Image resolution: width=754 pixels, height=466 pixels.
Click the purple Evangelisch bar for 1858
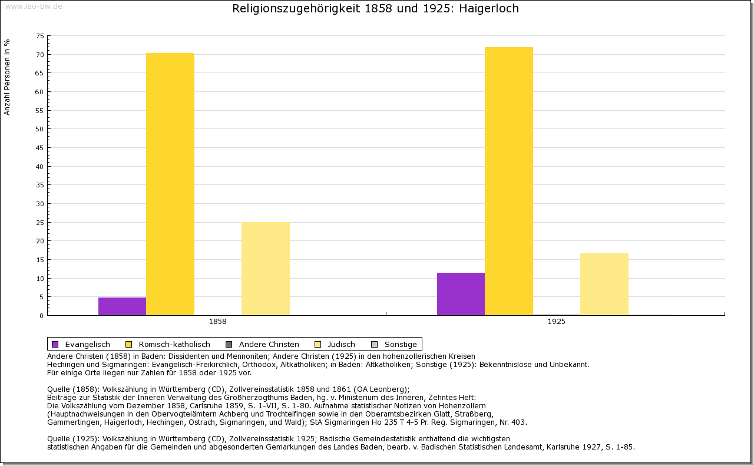[x=122, y=306]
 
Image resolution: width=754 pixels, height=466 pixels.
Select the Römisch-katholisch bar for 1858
[x=170, y=184]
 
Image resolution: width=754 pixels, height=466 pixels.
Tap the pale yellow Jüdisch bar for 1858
[x=266, y=269]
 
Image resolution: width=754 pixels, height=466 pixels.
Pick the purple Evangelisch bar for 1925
[x=461, y=294]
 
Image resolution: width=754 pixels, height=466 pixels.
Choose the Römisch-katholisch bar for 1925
[x=509, y=181]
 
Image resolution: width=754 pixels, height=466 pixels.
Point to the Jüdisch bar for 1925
[x=604, y=284]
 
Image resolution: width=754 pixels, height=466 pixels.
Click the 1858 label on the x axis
[x=217, y=322]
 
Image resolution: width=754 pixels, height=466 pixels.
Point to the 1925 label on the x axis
[x=556, y=322]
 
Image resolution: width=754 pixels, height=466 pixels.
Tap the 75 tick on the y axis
[x=39, y=36]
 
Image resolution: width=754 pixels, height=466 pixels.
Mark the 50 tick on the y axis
[x=39, y=129]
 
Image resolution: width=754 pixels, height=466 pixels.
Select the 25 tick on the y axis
[x=39, y=223]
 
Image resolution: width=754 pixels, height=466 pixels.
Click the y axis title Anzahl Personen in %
[x=7, y=77]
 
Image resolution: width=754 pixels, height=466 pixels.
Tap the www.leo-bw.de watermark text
[x=34, y=6]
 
